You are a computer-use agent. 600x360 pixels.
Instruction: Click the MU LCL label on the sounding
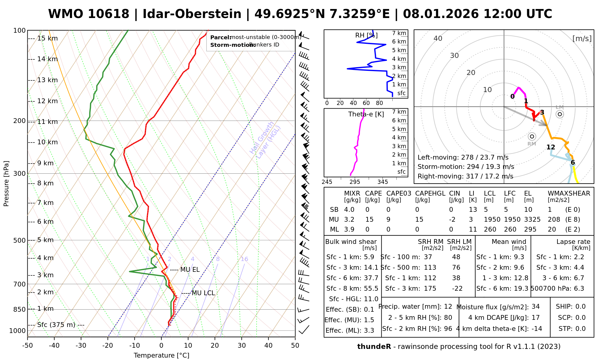coord(203,293)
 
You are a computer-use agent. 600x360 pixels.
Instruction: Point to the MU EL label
coord(190,270)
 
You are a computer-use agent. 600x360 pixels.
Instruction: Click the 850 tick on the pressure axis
coord(20,309)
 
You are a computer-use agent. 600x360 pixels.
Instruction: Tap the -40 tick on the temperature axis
coord(54,346)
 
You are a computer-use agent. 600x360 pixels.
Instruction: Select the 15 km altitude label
coord(47,38)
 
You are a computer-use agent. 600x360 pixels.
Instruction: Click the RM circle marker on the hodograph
coord(532,136)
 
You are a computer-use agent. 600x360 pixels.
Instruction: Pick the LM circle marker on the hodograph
coord(560,114)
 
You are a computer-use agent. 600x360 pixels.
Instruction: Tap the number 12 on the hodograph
coord(551,147)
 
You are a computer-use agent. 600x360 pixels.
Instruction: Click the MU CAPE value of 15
coord(369,220)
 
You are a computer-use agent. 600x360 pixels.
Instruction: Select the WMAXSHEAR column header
coord(569,193)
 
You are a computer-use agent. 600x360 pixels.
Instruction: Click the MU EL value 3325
coord(532,220)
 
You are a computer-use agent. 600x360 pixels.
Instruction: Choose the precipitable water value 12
coord(448,307)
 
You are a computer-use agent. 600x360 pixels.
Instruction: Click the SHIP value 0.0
coord(580,307)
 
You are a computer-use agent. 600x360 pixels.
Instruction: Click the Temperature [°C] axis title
coord(161,355)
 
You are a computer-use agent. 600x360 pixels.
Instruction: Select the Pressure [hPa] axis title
coord(6,184)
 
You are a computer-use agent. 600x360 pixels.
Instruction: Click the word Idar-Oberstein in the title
coord(192,14)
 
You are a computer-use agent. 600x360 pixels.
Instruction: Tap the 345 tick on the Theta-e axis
coord(382,182)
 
